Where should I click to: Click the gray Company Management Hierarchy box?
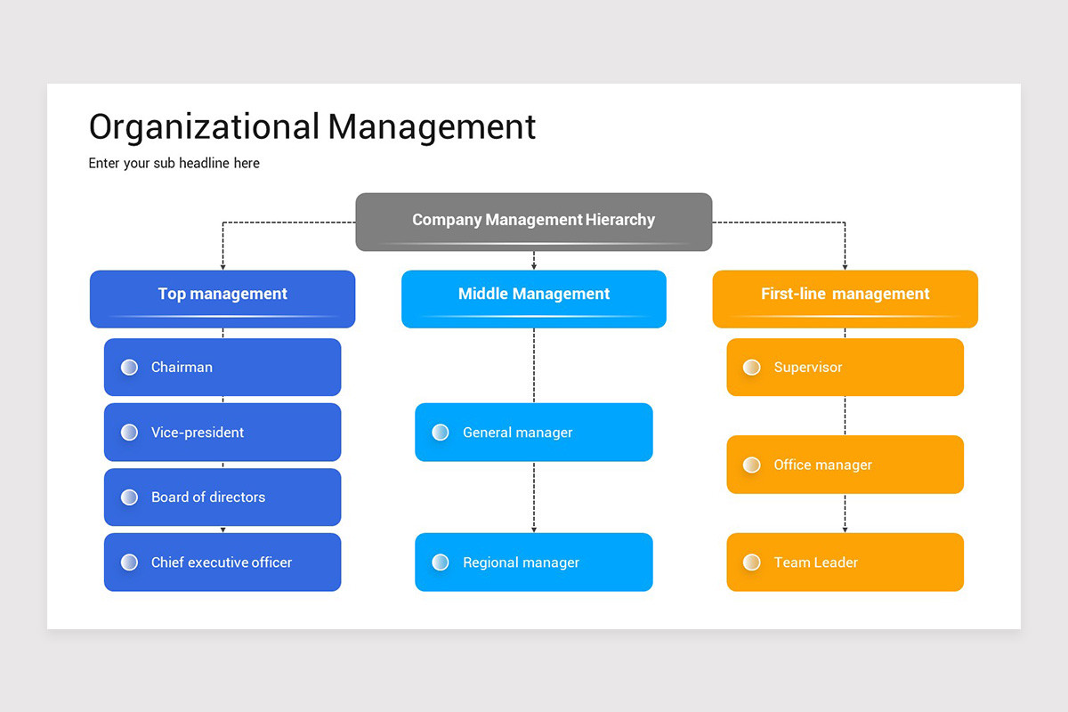click(x=534, y=221)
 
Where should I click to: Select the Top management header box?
click(x=222, y=298)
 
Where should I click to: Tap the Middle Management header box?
click(x=534, y=298)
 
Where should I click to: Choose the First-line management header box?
click(x=845, y=298)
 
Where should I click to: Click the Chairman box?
click(x=222, y=367)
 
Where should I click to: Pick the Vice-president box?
click(x=222, y=433)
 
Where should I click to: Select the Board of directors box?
click(x=222, y=497)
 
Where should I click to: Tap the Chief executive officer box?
click(x=222, y=562)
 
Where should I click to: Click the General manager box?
click(x=534, y=433)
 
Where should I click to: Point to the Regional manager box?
click(x=534, y=562)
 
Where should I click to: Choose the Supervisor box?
click(x=845, y=367)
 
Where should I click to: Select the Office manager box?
click(x=845, y=465)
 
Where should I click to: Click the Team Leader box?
click(x=845, y=562)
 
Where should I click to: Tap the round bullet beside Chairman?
click(x=129, y=367)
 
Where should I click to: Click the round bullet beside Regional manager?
click(x=441, y=562)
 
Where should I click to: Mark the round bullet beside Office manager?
click(x=752, y=465)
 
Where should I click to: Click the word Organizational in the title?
click(x=204, y=126)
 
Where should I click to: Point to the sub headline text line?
click(x=174, y=163)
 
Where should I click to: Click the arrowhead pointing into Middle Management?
click(x=534, y=265)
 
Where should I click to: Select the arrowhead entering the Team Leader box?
click(x=845, y=529)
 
